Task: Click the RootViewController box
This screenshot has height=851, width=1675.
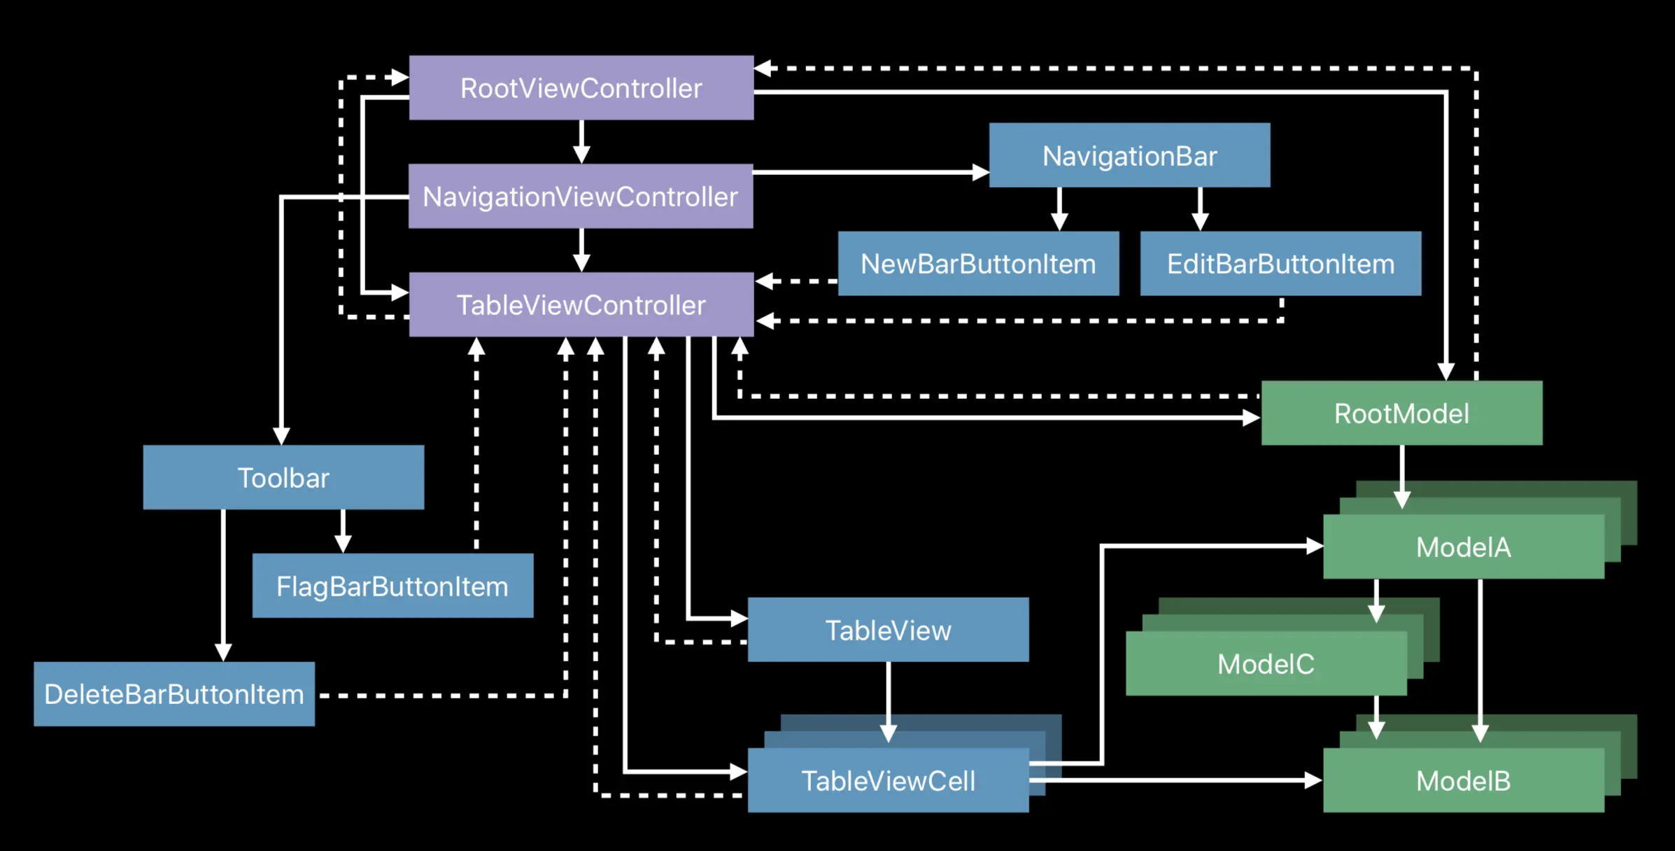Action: point(581,87)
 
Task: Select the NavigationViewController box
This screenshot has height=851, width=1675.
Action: point(581,196)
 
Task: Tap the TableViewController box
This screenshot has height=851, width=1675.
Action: point(581,304)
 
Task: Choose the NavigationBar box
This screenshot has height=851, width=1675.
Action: point(1130,155)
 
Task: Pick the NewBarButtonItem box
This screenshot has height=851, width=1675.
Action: point(979,264)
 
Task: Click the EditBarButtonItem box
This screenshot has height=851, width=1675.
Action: point(1281,264)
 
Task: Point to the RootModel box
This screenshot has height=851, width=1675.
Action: point(1402,413)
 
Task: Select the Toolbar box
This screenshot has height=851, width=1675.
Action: point(283,477)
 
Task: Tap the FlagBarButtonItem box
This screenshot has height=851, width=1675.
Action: point(393,586)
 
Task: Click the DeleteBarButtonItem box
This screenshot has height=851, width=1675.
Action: point(174,694)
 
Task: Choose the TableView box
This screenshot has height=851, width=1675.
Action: point(889,630)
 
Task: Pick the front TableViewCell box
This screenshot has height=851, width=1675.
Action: point(889,780)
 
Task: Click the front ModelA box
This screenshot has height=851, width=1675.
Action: point(1464,547)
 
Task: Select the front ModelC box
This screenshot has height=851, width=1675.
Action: point(1266,663)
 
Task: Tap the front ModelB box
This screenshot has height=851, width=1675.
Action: point(1464,780)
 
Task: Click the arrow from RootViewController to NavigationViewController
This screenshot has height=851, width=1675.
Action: point(581,142)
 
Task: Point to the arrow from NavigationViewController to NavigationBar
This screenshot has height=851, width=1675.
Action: point(871,172)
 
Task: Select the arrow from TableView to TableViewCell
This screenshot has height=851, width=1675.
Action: point(889,702)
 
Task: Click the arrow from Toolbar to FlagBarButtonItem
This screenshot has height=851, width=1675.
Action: point(343,531)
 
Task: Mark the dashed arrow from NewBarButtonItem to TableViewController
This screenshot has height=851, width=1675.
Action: point(796,281)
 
